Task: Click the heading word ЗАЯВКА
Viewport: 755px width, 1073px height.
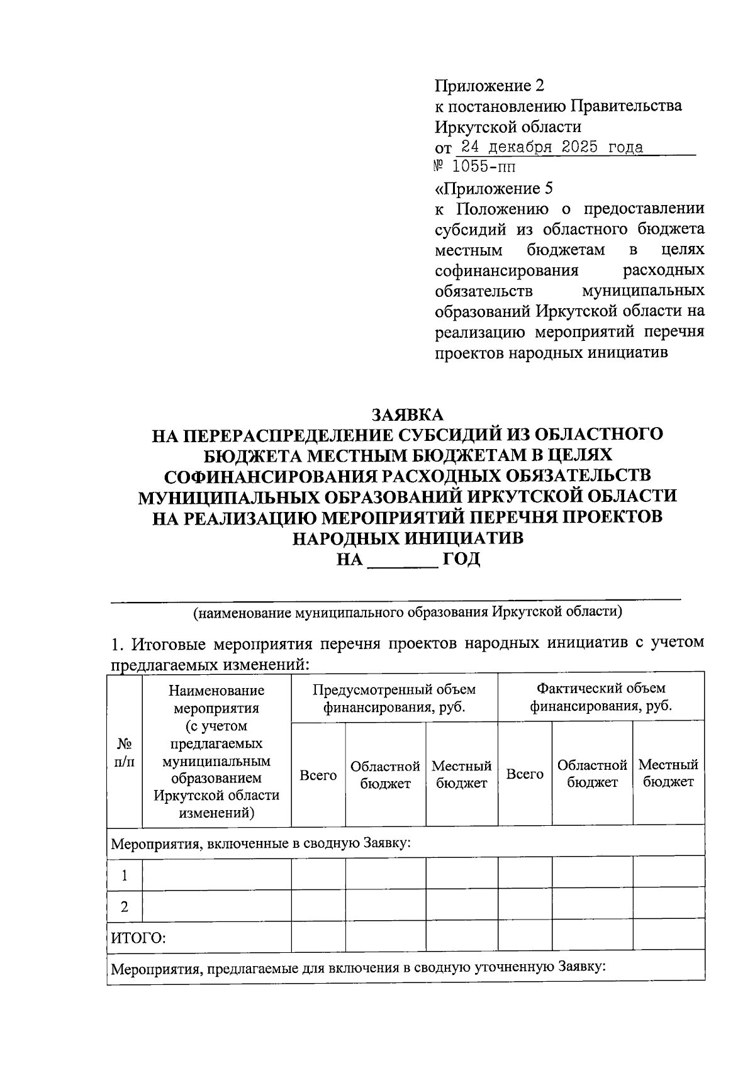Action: pyautogui.click(x=408, y=415)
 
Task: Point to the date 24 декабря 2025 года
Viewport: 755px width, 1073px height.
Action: pyautogui.click(x=552, y=148)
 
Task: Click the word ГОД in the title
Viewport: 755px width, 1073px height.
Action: pyautogui.click(x=461, y=559)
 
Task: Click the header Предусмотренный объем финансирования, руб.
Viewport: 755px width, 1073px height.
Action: pyautogui.click(x=394, y=698)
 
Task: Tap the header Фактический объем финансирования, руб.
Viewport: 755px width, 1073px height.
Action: pyautogui.click(x=600, y=698)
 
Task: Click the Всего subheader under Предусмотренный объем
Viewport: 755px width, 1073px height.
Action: pyautogui.click(x=318, y=776)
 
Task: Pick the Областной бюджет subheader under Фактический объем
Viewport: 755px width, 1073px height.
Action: pyautogui.click(x=591, y=774)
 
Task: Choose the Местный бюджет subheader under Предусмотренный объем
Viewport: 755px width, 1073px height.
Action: pyautogui.click(x=461, y=774)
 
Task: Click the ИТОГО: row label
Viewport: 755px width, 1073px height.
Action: pyautogui.click(x=138, y=939)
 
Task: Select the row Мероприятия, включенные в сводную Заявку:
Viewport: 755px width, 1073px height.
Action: pyautogui.click(x=260, y=843)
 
